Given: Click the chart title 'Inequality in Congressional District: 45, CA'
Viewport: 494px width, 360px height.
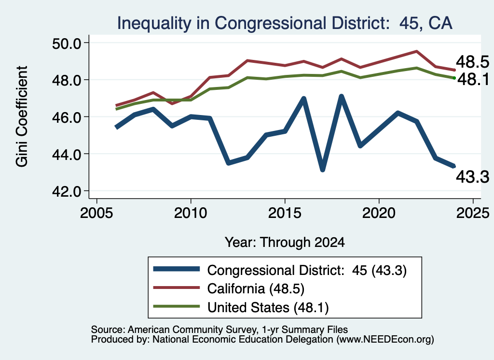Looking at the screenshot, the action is click(285, 23).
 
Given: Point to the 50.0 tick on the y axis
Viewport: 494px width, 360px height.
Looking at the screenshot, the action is click(67, 43).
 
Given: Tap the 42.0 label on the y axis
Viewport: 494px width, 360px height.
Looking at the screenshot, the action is click(67, 191).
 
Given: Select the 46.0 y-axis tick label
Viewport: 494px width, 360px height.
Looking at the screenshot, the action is click(67, 117).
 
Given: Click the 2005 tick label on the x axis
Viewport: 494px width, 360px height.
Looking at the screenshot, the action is click(96, 213).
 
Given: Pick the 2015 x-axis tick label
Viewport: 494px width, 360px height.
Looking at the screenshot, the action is click(285, 213).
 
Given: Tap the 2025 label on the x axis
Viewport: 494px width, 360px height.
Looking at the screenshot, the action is click(473, 213).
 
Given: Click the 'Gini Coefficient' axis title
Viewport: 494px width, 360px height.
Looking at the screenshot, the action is click(22, 116).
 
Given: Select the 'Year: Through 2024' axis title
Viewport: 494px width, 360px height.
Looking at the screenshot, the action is click(285, 242).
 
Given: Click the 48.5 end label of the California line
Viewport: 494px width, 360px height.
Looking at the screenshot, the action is click(472, 62).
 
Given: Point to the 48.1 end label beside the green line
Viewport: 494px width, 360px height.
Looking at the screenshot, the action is click(473, 79).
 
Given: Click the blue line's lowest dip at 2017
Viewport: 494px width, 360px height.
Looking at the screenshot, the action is click(322, 170).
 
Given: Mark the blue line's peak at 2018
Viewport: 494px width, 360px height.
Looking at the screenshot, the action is click(341, 96).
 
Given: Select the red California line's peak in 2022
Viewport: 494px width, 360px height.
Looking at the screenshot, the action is click(416, 51).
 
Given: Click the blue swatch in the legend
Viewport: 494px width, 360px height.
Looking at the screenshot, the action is click(177, 269).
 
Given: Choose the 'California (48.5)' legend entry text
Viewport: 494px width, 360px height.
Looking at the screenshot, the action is click(256, 288).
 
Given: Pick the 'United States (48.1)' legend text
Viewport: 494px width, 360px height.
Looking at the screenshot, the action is click(268, 307).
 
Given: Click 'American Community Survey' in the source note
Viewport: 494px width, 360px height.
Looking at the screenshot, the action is click(192, 330).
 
